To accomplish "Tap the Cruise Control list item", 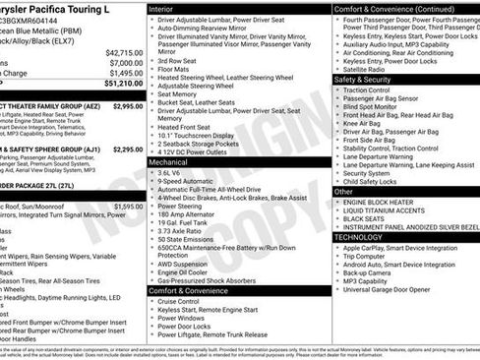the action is [x=184, y=301].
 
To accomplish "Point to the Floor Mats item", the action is [x=174, y=70].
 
